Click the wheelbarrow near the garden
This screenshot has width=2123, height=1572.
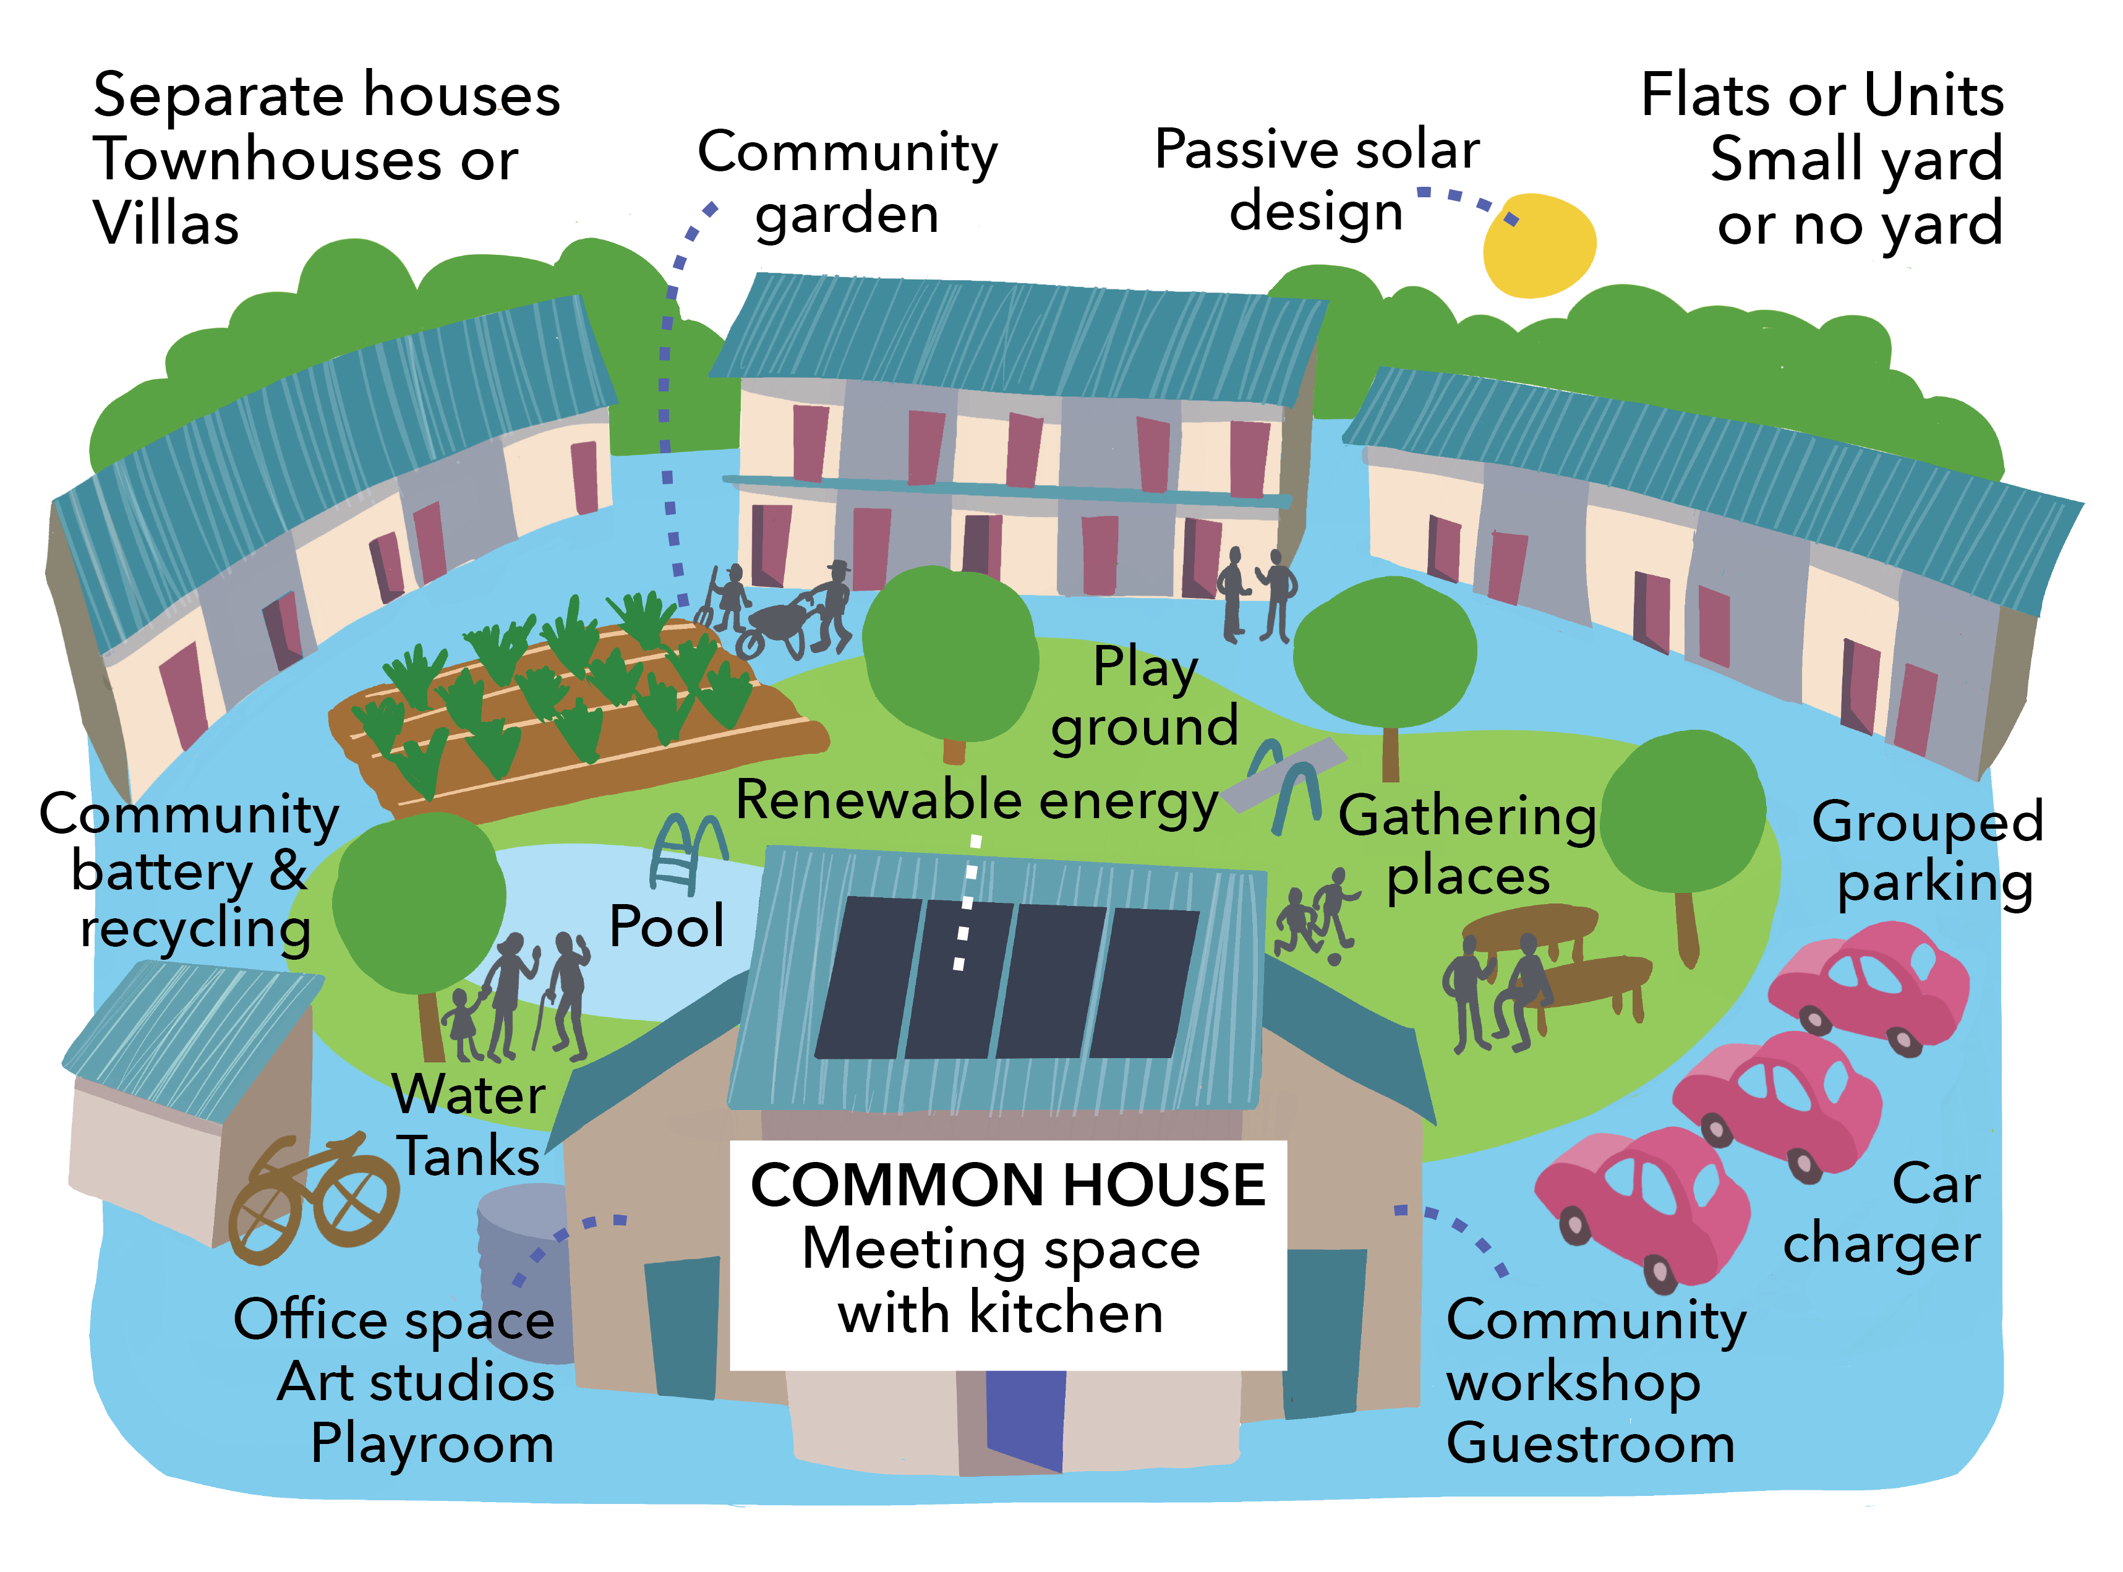[x=775, y=630]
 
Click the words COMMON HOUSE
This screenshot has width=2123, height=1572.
[x=1008, y=1185]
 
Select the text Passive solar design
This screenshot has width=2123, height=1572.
[x=1317, y=181]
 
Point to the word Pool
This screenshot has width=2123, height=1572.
[x=666, y=926]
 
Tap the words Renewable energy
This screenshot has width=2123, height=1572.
[x=977, y=801]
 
